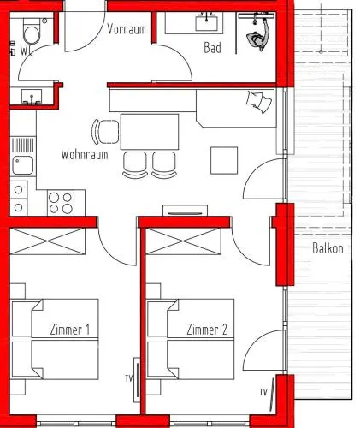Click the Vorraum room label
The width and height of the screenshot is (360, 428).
127,29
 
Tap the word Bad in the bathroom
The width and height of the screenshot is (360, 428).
213,48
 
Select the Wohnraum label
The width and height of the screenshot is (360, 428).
85,154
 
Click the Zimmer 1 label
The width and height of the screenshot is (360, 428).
70,330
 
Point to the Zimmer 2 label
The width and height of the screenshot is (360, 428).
207,330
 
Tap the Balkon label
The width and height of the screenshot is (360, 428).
328,248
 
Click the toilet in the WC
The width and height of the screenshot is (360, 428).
32,32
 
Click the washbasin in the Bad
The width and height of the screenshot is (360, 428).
207,22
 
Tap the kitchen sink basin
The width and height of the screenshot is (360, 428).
23,165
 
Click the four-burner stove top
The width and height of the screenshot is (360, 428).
61,203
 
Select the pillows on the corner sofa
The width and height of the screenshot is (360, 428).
259,102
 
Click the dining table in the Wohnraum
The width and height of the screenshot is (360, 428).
150,132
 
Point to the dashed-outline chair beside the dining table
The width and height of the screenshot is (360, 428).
106,132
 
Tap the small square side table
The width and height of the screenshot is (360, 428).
224,160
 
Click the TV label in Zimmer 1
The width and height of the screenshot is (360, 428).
129,378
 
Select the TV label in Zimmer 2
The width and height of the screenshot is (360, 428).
263,392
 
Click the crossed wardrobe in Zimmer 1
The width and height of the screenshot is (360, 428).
48,241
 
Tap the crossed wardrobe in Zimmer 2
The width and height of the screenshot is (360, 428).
183,241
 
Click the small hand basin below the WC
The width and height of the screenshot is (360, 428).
32,97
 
